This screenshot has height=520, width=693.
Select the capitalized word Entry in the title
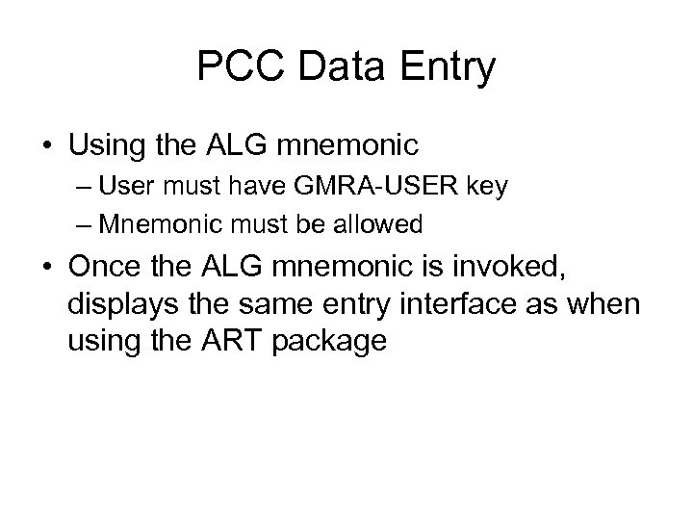[x=449, y=67]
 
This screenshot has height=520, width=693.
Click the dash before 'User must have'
[x=81, y=187]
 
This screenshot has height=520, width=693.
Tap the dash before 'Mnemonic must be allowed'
[x=81, y=224]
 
